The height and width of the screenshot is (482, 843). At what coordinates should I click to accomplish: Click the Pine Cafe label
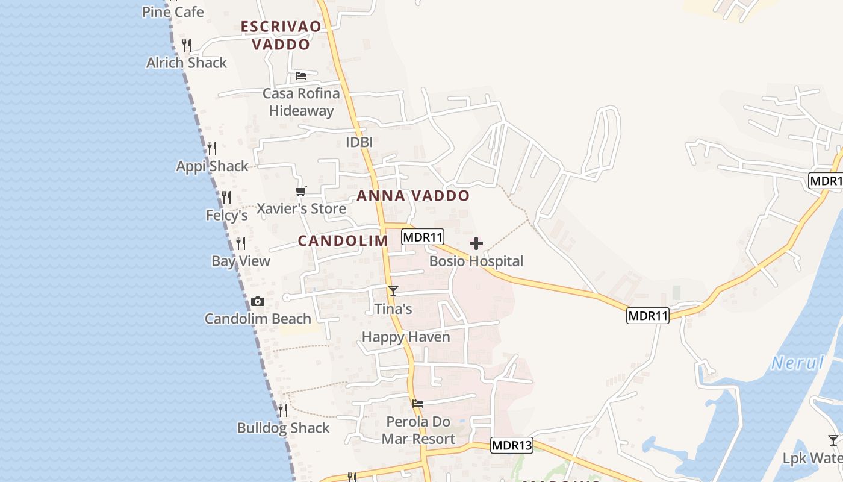(x=173, y=12)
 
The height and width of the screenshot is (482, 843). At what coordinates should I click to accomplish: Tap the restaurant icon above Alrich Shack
(x=187, y=45)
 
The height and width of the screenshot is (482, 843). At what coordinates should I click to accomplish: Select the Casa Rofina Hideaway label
(x=301, y=102)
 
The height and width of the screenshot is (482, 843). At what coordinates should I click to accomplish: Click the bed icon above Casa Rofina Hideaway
(x=301, y=76)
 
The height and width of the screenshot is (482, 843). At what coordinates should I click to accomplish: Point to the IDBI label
(x=359, y=142)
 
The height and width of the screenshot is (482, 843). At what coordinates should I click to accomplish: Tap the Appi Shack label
(x=212, y=166)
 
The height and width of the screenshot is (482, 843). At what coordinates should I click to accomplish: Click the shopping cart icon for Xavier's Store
(x=301, y=192)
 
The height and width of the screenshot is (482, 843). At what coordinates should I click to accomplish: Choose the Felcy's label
(x=227, y=215)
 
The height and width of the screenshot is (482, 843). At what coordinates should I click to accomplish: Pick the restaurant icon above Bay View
(x=241, y=243)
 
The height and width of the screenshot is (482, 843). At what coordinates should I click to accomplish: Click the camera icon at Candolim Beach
(x=258, y=301)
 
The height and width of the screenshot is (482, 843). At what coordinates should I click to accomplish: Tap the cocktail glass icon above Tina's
(x=393, y=291)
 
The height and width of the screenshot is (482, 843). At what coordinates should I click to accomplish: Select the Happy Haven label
(x=406, y=337)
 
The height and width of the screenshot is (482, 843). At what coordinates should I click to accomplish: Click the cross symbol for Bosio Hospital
(x=476, y=243)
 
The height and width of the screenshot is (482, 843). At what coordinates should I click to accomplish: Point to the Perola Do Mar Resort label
(x=418, y=430)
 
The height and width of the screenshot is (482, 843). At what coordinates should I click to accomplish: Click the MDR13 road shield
(x=512, y=445)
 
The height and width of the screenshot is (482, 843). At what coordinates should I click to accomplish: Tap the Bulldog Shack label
(x=283, y=428)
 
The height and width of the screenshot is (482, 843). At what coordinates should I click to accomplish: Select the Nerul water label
(x=797, y=363)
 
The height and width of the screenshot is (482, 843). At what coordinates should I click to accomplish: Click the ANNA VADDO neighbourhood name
(x=413, y=196)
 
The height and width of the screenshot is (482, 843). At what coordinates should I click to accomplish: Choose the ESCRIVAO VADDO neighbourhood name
(x=281, y=35)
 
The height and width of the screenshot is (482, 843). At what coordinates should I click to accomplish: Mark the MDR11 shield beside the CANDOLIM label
(x=423, y=237)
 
